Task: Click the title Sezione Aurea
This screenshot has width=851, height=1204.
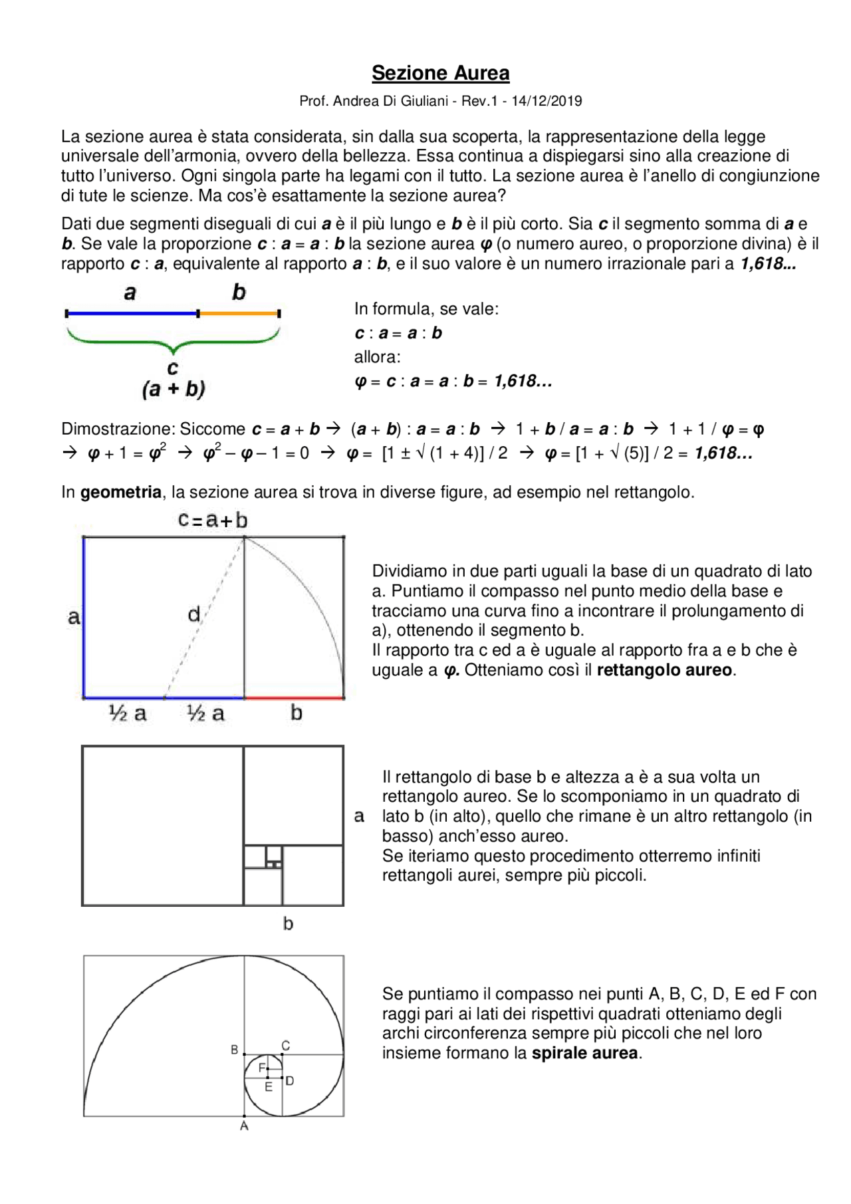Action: point(440,73)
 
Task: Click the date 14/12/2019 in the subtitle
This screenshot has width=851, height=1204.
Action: point(547,102)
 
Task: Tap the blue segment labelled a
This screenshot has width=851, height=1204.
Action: point(132,313)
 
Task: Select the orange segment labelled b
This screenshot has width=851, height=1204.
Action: point(239,313)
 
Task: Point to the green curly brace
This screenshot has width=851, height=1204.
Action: point(173,342)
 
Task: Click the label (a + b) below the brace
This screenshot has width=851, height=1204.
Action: point(174,389)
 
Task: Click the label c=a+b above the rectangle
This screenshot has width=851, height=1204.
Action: point(213,520)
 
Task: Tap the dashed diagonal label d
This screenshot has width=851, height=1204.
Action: point(193,614)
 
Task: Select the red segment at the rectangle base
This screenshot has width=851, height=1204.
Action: point(294,698)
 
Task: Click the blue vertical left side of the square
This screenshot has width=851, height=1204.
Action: point(84,617)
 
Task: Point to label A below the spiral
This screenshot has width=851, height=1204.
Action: point(244,1126)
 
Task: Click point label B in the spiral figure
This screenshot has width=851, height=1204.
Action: point(234,1050)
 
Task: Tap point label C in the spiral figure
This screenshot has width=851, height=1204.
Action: point(285,1046)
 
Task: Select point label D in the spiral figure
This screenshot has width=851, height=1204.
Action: point(290,1081)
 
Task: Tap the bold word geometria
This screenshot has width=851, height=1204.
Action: point(121,493)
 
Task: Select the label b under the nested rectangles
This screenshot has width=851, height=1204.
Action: point(288,923)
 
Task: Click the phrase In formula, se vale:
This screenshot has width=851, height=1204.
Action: point(426,309)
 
